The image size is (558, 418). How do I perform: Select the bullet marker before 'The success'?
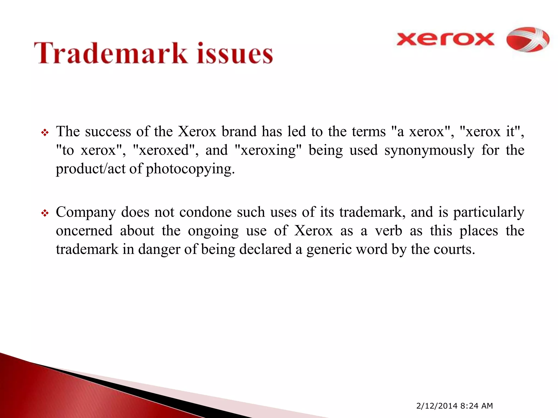[45, 133]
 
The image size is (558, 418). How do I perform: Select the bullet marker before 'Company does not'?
[45, 213]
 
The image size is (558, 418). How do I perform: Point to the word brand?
[239, 131]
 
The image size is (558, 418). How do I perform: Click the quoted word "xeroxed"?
[163, 150]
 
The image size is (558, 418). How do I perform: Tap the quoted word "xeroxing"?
[268, 150]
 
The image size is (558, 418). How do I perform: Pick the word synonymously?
[429, 150]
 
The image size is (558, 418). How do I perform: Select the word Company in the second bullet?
[86, 213]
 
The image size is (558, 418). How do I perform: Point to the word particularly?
[489, 213]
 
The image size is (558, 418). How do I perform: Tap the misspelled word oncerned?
[84, 231]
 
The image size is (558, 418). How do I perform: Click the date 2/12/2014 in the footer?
[437, 406]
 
